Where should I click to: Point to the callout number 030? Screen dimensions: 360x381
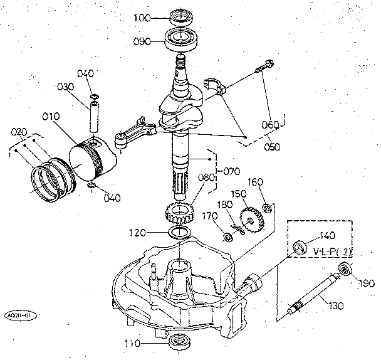(66, 87)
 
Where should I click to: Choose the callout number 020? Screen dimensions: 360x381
(19, 132)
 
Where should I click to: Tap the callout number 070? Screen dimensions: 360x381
(232, 170)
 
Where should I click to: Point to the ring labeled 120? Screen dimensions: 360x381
(180, 233)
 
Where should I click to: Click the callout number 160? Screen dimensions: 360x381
(256, 183)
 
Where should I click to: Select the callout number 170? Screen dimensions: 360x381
(211, 216)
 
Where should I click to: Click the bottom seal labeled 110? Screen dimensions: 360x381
(180, 343)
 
